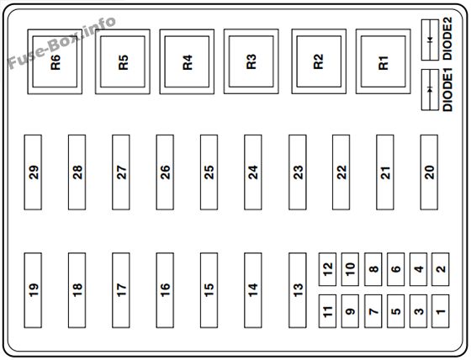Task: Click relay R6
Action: pos(55,61)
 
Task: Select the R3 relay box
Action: pos(251,61)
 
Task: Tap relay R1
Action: pos(384,61)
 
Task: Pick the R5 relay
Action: pos(123,61)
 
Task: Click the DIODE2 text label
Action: pos(447,39)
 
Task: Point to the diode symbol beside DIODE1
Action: pos(430,89)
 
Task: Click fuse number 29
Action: pos(33,172)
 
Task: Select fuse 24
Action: pos(253,172)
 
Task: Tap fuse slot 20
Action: pos(429,172)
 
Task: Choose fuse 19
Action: pos(33,290)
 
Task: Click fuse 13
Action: pos(298,290)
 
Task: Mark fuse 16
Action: pos(165,290)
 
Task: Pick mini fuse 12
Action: pos(327,269)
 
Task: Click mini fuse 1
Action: pos(441,311)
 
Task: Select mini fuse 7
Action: pos(373,311)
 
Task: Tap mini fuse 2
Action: pos(441,269)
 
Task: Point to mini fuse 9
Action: pos(350,311)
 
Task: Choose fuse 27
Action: pos(121,172)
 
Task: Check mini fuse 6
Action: pos(396,269)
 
